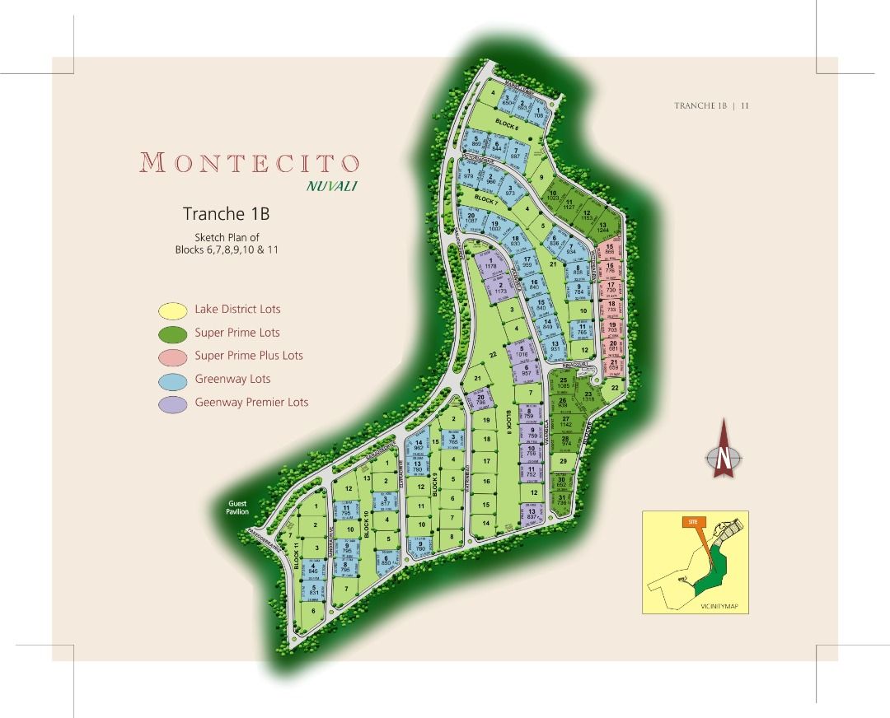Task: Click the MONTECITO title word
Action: (250, 161)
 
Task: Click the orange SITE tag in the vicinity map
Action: (691, 522)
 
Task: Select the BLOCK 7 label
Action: (486, 200)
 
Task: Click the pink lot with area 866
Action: (611, 249)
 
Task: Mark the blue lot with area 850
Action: (385, 560)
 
